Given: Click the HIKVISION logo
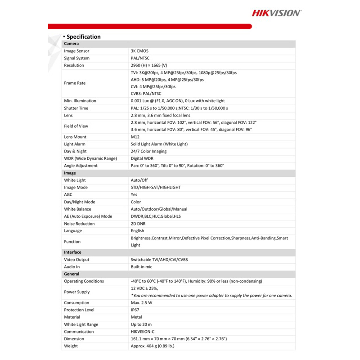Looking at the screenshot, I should coord(276,13).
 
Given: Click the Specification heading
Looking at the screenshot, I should coord(83,36).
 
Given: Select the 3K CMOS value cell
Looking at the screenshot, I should coord(139,51).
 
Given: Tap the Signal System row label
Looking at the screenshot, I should coord(76,58).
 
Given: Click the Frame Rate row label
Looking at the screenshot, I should coord(75,83).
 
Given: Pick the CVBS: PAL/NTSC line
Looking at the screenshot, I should coord(146,94).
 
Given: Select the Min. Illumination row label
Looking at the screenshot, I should coord(80,101).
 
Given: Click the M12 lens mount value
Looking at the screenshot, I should coord(135,137).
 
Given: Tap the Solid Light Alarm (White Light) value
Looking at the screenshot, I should coord(159,144).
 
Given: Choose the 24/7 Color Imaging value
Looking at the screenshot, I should coord(148,151).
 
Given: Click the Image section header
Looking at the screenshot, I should coord(70,173).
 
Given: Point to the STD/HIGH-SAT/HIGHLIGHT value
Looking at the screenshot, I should coord(156,187).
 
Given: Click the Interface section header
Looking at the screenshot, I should coord(72,252).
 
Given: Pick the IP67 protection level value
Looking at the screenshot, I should coord(135,310).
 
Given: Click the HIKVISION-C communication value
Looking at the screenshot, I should coord(145,332).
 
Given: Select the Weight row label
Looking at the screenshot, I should coord(71,346).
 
